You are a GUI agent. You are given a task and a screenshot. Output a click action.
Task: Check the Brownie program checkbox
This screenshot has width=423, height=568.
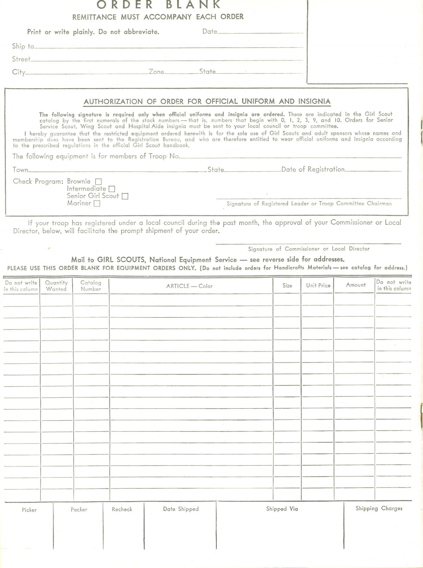coord(98,182)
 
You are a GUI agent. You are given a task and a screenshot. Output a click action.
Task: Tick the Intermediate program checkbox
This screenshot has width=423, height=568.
coord(112,189)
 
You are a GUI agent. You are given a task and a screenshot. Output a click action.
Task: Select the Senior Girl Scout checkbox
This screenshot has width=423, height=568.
coord(125,196)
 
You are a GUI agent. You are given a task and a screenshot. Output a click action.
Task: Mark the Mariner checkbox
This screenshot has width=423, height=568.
coord(97,204)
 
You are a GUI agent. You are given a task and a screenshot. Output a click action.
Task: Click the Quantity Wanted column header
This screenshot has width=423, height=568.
coord(56,286)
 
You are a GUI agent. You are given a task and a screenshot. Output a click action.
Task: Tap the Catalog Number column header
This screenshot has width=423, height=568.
coord(91,286)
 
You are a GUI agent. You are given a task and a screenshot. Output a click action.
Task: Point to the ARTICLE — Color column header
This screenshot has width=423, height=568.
coord(189,286)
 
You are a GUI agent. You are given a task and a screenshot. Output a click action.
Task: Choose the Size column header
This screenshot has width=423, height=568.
coord(287,286)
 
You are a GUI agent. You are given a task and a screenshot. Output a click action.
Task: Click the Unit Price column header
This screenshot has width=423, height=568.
coord(318,286)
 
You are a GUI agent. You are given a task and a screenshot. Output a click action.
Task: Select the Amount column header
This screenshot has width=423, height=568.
coord(356,285)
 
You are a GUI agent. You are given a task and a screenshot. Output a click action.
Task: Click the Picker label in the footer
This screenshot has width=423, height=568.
coord(29,510)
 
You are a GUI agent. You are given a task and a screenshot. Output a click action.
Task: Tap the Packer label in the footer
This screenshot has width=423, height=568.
coord(79,510)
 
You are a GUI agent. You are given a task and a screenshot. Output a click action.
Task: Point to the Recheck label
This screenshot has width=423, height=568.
coord(122,509)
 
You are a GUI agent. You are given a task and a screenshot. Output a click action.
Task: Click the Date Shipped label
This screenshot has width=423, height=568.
coord(181,509)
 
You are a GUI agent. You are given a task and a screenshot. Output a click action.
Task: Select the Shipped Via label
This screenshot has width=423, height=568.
coord(282,509)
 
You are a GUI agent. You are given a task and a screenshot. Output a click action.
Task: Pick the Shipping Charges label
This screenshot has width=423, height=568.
coord(379,508)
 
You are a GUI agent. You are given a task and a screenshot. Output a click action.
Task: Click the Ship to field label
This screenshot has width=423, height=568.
coord(23,46)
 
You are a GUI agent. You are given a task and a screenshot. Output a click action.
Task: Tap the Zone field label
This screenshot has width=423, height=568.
coord(156,72)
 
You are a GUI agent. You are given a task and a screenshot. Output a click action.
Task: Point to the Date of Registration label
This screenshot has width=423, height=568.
coord(313,169)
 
